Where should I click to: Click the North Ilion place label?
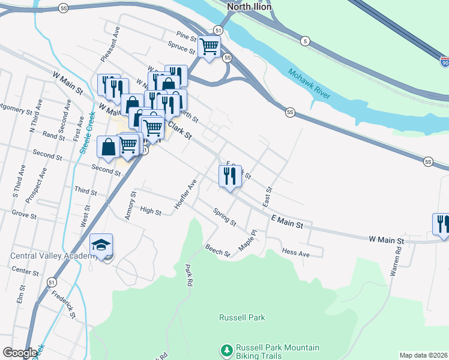[249, 7]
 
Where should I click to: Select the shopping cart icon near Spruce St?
[208, 47]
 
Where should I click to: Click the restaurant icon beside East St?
[229, 176]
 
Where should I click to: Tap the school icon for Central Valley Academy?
[101, 245]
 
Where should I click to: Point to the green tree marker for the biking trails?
[227, 350]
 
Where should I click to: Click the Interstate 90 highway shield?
[444, 62]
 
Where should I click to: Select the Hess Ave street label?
[295, 254]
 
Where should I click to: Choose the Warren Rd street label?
[396, 260]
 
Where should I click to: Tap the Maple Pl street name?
[247, 240]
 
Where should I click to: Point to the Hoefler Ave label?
[185, 194]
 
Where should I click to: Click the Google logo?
[20, 353]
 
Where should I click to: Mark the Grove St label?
[24, 214]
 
